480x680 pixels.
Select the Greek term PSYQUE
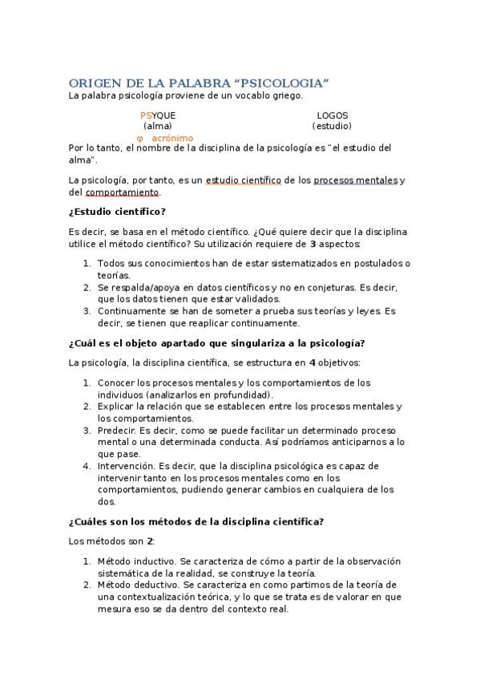(157, 115)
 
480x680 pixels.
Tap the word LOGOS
(332, 115)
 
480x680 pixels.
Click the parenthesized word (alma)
(157, 126)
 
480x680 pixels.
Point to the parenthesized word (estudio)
(332, 126)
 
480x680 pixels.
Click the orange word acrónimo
(172, 138)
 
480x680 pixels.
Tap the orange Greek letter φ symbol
(140, 138)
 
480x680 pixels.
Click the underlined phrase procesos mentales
(355, 180)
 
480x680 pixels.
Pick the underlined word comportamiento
(123, 192)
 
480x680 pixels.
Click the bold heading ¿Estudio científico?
(117, 212)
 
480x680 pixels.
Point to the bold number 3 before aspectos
(313, 244)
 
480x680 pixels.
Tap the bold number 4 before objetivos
(312, 363)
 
